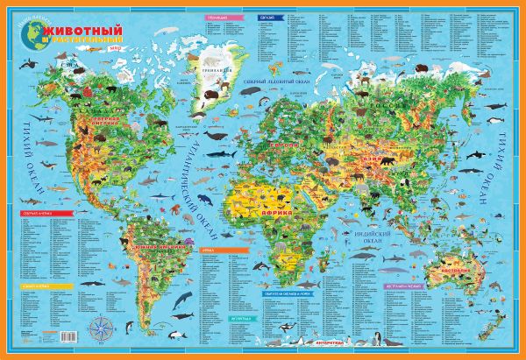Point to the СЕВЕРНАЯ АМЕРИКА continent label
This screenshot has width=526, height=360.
tap(97, 122)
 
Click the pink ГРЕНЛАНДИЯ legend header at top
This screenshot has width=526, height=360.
tap(213, 17)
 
